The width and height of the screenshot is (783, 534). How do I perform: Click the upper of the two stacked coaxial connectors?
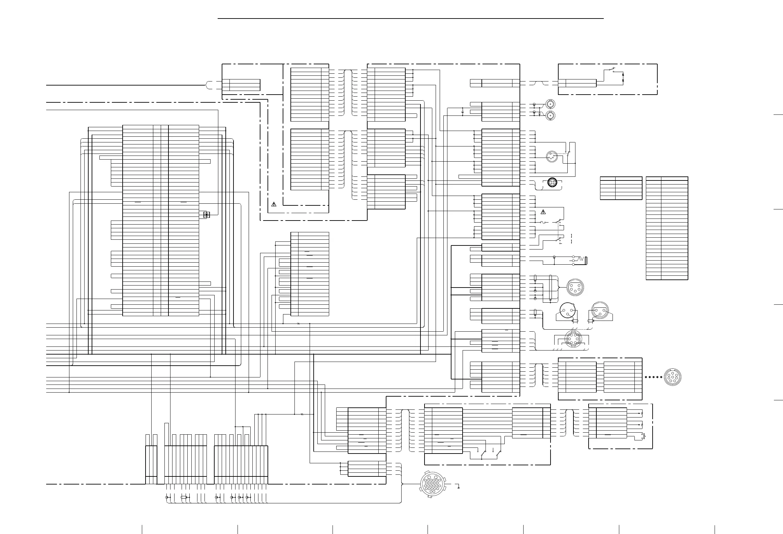point(551,104)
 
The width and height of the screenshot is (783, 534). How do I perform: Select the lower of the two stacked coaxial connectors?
point(551,115)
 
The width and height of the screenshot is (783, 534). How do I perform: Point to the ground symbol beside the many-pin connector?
point(458,487)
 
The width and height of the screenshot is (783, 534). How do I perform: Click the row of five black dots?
point(653,377)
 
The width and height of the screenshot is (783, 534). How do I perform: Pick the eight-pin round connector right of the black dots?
point(672,377)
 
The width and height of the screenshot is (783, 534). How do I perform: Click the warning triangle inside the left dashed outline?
point(274,204)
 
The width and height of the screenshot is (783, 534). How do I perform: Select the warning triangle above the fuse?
point(543,212)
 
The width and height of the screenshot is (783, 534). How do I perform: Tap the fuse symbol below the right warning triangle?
point(543,223)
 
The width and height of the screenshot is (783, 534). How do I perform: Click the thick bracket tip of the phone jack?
point(587,261)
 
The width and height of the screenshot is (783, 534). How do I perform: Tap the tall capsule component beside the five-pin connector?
point(550,288)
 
